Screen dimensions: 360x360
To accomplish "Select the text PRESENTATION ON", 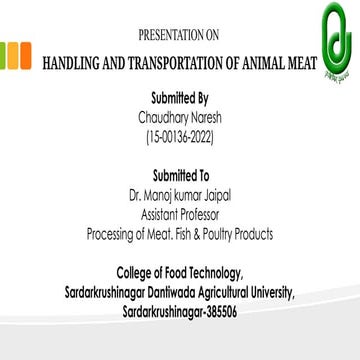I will pos(179,36).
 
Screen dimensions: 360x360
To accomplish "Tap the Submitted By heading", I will pos(181,100).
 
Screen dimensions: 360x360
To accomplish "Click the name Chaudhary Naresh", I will pos(181,116).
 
